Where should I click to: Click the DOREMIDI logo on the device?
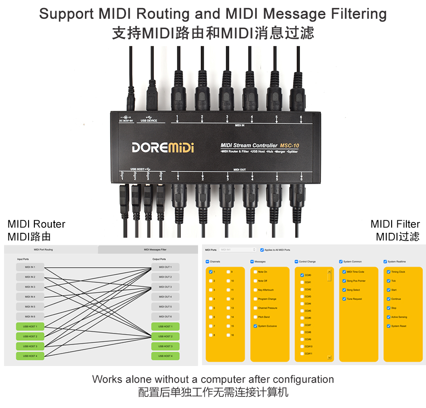pos(163,147)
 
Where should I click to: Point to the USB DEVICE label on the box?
pos(149,121)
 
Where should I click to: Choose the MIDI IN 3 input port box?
pos(30,287)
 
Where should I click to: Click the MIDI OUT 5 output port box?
pos(165,307)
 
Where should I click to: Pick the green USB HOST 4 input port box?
pos(30,356)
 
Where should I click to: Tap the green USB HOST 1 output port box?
pos(165,327)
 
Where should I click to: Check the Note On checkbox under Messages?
pos(255,272)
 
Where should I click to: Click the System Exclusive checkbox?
pos(255,326)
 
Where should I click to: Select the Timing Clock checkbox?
pos(388,272)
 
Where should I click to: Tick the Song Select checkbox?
pos(344,290)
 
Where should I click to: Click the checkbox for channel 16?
pos(228,335)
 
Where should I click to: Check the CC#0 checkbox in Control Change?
pos(302,275)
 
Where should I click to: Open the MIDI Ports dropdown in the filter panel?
pos(238,250)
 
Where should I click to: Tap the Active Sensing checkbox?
pos(388,317)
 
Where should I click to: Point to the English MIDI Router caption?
pos(36,224)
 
